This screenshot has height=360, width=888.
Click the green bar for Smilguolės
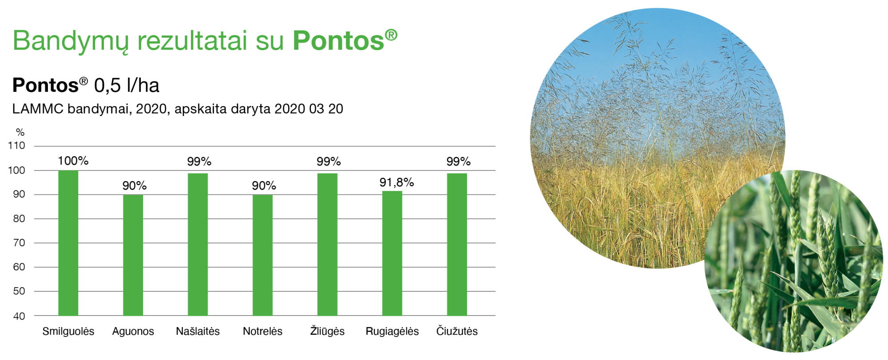point(68,243)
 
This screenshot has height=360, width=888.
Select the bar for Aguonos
point(133,255)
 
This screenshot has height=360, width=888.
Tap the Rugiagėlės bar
point(392,253)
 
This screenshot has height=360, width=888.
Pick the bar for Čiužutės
point(457,244)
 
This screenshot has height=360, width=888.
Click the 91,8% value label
point(396,182)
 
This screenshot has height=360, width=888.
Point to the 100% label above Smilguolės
point(73,161)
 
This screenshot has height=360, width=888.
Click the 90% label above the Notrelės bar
point(264,186)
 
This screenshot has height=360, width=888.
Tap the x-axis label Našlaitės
point(198,331)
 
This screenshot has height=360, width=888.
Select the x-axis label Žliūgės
point(327,331)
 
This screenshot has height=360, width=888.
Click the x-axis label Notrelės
point(262,331)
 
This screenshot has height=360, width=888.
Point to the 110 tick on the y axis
point(16,146)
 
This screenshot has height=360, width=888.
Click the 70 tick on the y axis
point(19,243)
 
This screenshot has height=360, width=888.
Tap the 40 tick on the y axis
point(19,316)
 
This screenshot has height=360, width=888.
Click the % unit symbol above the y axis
point(20,132)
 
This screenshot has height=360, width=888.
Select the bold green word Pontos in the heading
point(338,41)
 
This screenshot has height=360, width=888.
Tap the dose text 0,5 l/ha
point(127,85)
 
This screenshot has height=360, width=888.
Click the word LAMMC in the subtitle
point(38,109)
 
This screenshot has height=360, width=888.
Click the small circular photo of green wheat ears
point(793,261)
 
